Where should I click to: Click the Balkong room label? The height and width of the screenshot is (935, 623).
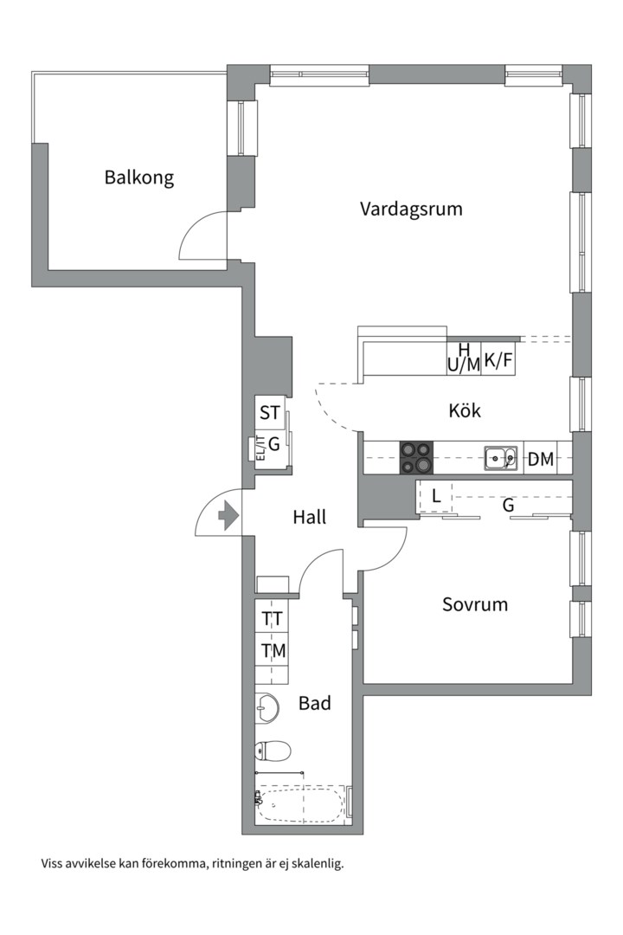[x=138, y=177]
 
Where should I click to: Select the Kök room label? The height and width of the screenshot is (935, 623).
[x=465, y=410]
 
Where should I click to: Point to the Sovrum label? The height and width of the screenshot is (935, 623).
[x=475, y=604]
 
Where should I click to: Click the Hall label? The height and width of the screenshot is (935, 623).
[x=309, y=518]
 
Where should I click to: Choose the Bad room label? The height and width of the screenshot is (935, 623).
[x=315, y=704]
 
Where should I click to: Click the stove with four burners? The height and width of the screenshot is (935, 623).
[x=415, y=457]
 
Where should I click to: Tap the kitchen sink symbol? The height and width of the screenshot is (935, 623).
[x=500, y=456]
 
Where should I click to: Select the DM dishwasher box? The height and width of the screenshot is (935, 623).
[x=541, y=459]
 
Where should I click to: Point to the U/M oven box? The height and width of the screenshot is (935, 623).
[x=463, y=364]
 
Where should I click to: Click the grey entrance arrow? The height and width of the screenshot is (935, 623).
[x=228, y=517]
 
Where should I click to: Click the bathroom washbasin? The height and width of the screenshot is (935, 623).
[x=267, y=708]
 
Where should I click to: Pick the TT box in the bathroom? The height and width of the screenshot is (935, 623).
[x=273, y=619]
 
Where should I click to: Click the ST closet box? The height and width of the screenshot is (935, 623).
[x=270, y=413]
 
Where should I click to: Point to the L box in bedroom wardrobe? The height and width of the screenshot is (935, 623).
[x=436, y=497]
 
